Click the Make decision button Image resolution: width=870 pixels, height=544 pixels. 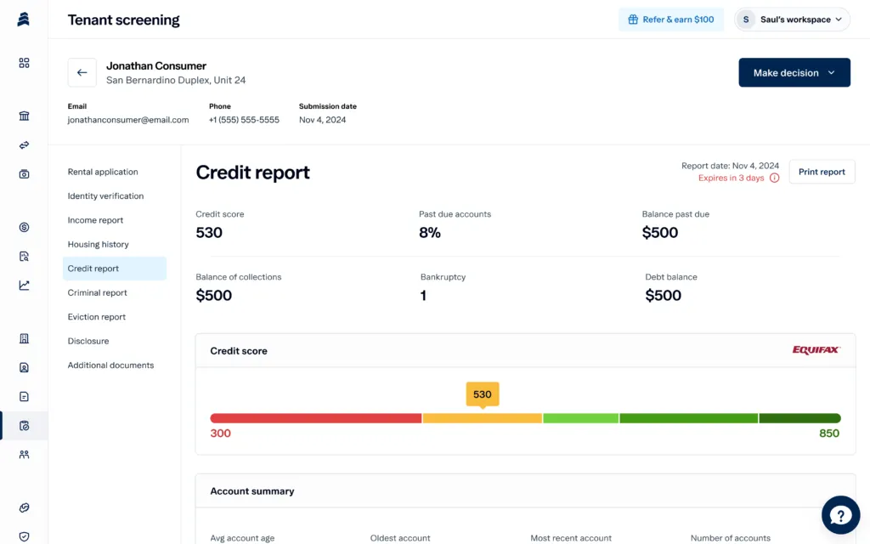click(794, 73)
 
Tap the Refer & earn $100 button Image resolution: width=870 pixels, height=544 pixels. click(670, 20)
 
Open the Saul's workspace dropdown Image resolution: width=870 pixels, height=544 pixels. click(792, 20)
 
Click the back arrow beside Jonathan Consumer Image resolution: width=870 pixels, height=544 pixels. click(82, 73)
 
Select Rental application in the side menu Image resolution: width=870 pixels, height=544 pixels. click(103, 172)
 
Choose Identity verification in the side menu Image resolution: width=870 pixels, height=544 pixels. click(105, 196)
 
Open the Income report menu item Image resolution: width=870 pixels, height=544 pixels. click(95, 220)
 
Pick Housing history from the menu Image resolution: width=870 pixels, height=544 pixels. click(98, 245)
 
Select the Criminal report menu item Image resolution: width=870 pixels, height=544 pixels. click(97, 293)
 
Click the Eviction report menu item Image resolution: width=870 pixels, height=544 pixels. click(96, 317)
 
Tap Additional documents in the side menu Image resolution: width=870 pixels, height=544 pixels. click(110, 365)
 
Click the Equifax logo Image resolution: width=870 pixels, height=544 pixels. click(816, 350)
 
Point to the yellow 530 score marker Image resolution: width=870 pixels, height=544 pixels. click(482, 394)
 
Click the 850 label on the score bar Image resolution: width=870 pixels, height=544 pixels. click(828, 433)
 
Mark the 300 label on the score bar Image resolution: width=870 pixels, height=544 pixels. click(220, 433)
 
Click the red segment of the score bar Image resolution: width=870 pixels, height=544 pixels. click(315, 418)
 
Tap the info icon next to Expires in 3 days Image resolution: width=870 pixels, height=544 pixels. click(774, 178)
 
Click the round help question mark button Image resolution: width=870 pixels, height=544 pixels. click(840, 515)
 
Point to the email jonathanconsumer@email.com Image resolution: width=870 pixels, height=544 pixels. click(128, 120)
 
